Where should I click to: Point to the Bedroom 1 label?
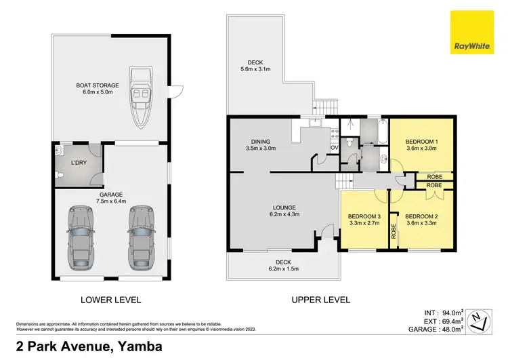tap(422, 142)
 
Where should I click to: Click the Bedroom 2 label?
tap(421, 216)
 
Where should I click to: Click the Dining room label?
tap(260, 140)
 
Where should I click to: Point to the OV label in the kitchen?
tap(334, 147)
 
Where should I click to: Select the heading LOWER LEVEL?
tap(112, 299)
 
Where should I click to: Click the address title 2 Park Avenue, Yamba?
tap(81, 346)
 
